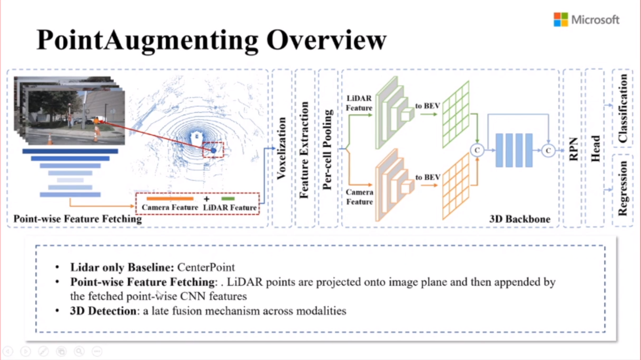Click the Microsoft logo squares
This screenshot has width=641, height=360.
point(560,19)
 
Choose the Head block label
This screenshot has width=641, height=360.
point(596,148)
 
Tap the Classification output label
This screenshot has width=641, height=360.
point(623,108)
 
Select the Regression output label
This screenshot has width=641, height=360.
point(623,188)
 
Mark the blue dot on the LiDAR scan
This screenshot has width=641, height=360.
point(214,151)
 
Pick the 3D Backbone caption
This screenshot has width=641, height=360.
point(520,219)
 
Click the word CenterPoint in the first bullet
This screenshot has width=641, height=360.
point(206,267)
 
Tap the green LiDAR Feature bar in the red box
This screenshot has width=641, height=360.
point(228,199)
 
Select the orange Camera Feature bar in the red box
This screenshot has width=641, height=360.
point(170,199)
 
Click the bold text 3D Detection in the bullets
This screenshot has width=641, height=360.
point(103,311)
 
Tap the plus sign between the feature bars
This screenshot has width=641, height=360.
point(206,199)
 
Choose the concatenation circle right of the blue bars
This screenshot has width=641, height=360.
point(548,151)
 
